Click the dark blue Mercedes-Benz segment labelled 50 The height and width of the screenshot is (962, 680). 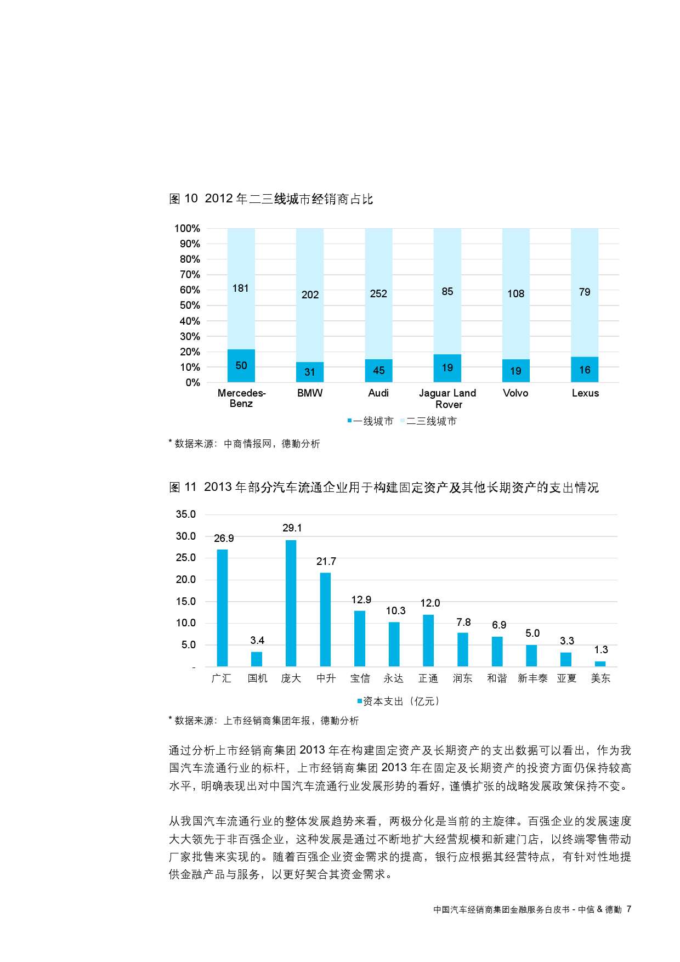[241, 365]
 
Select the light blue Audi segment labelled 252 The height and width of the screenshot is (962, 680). [378, 293]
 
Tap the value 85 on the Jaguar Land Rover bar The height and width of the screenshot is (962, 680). [447, 291]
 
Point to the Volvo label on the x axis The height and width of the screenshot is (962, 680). [515, 393]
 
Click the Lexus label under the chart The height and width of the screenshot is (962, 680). [585, 393]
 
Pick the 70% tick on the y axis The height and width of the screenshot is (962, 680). [190, 274]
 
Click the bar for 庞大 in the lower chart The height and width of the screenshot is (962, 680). [291, 603]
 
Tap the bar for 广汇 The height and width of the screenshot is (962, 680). [222, 608]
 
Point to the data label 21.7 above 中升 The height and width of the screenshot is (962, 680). [326, 561]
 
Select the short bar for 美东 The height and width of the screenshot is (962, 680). [600, 664]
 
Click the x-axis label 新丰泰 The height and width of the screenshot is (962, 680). [532, 678]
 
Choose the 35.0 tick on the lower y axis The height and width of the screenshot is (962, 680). [185, 514]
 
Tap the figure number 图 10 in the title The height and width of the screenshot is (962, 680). [183, 199]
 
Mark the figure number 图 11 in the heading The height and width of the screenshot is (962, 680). [183, 487]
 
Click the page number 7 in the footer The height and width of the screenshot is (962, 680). [629, 909]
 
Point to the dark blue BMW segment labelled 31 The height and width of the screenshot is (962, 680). [310, 372]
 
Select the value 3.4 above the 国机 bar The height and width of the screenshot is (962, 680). [257, 640]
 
